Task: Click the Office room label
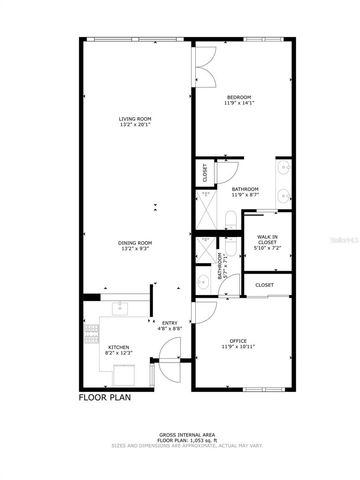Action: coord(238,341)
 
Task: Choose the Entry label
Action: coord(170,322)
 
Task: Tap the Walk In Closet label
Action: coord(267,239)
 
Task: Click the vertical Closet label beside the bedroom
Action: coord(204,173)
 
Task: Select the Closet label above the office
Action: coord(264,285)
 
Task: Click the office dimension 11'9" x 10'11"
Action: coord(238,347)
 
